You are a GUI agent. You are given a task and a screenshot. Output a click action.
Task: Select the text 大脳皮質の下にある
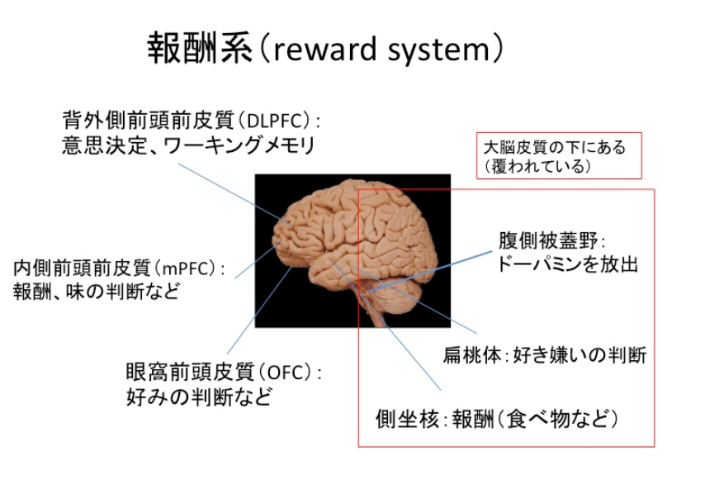[x=555, y=148]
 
